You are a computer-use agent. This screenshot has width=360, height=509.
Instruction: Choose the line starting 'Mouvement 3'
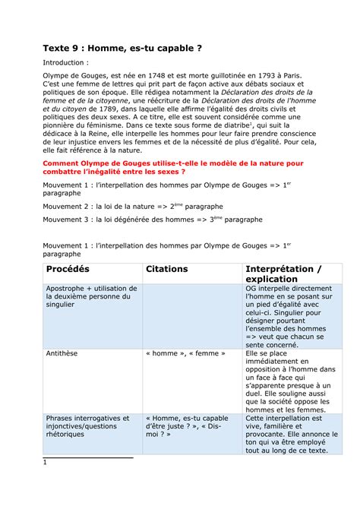click(152, 241)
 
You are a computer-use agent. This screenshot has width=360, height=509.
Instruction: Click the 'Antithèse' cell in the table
click(64, 354)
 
